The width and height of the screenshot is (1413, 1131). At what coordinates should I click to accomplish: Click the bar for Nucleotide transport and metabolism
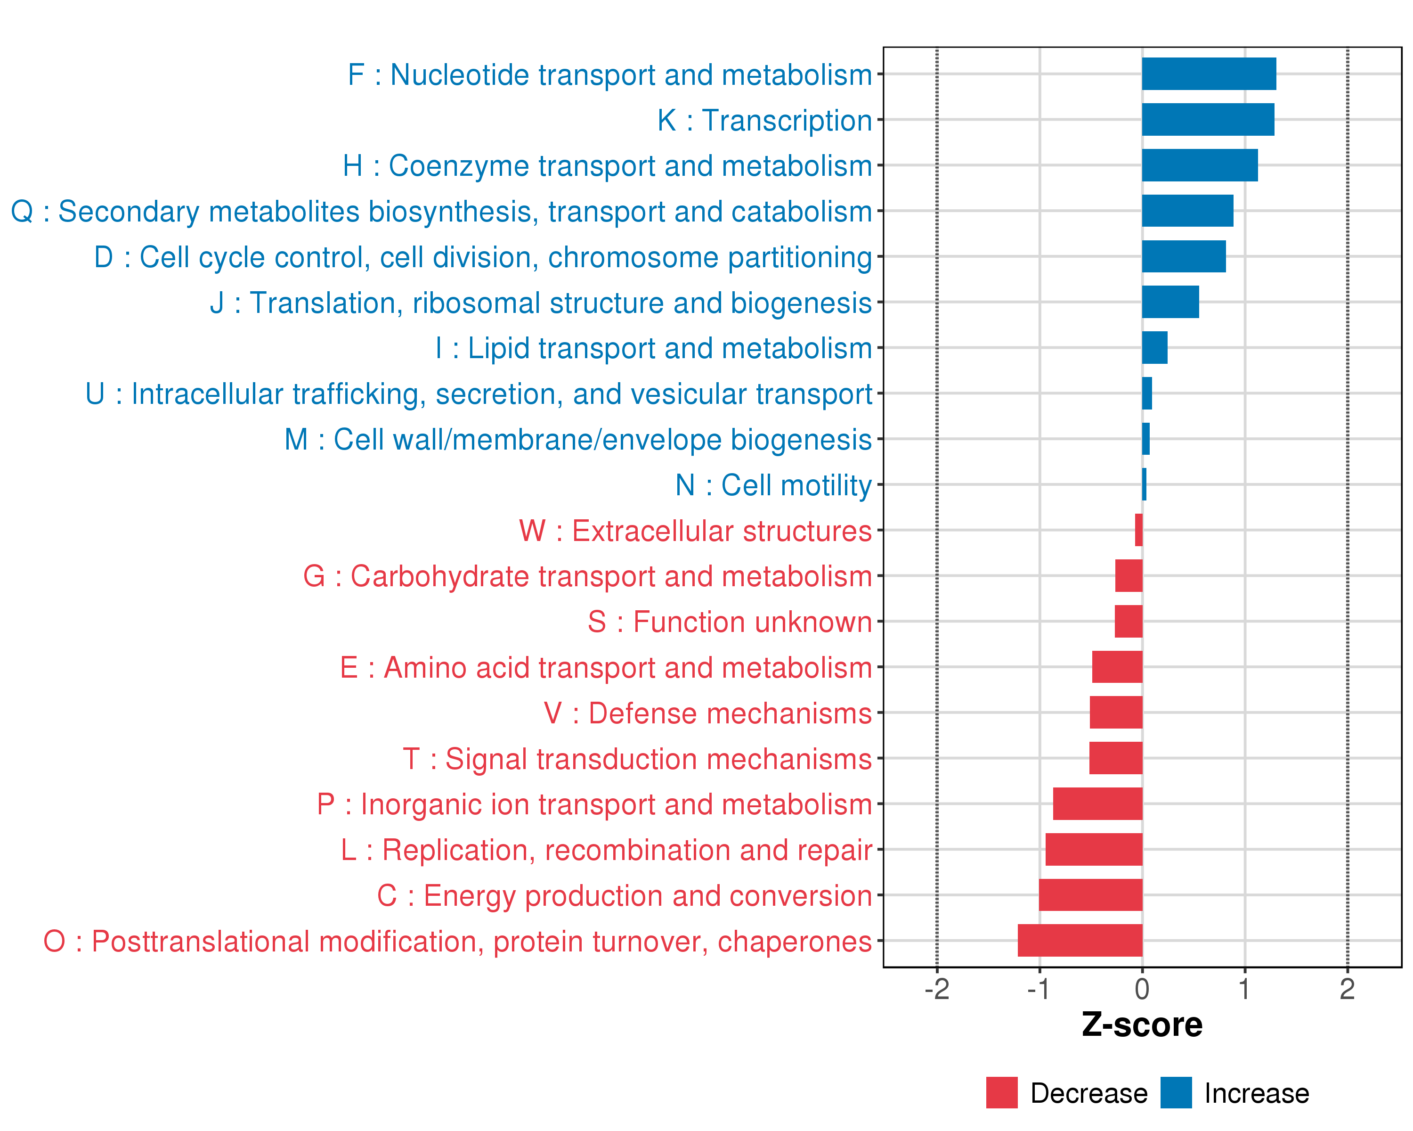[1209, 74]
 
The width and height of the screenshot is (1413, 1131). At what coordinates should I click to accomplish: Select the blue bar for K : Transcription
[1208, 119]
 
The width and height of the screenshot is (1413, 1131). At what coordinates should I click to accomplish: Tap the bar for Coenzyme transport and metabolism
[1199, 165]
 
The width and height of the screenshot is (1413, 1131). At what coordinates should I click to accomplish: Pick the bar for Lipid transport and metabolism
[1155, 347]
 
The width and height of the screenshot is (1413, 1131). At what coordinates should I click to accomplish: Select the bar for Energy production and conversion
[1090, 895]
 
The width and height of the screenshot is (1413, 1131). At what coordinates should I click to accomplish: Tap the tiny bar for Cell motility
[1144, 484]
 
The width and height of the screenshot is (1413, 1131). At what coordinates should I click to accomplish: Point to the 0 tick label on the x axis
[1142, 989]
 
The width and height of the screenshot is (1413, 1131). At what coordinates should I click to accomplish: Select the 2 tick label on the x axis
[1347, 989]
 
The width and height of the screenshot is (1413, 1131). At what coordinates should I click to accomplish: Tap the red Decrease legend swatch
[1001, 1093]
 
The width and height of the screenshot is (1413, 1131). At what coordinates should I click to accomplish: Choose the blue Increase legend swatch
[1176, 1093]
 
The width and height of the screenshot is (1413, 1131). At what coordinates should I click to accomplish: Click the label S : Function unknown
[730, 622]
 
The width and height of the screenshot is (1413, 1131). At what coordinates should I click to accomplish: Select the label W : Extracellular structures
[695, 531]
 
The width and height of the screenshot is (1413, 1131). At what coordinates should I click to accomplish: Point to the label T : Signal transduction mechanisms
[637, 759]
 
